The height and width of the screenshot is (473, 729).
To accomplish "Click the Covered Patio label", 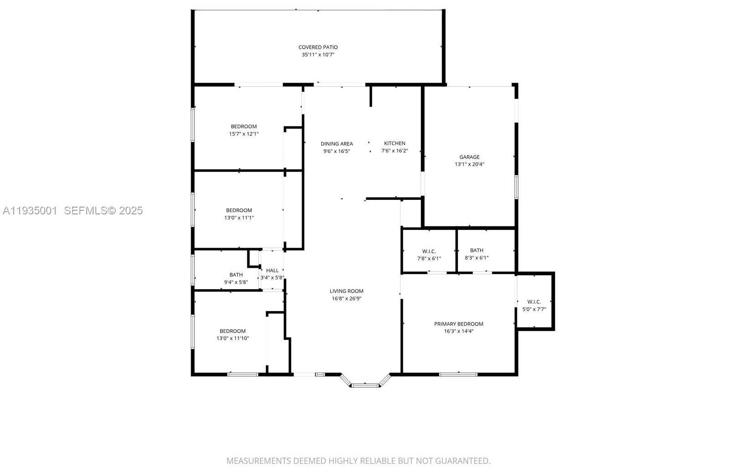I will pyautogui.click(x=318, y=47).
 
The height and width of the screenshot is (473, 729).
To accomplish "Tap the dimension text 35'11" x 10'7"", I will pyautogui.click(x=318, y=55).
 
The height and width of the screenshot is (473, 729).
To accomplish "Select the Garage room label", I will pyautogui.click(x=469, y=157).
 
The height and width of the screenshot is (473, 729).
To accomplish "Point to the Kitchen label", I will pyautogui.click(x=394, y=143).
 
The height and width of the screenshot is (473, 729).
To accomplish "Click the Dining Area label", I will pyautogui.click(x=336, y=144).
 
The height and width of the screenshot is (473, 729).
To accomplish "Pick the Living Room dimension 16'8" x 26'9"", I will pyautogui.click(x=346, y=299).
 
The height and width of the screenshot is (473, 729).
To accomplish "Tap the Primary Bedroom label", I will pyautogui.click(x=458, y=324).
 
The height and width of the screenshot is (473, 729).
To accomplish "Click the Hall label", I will pyautogui.click(x=272, y=270).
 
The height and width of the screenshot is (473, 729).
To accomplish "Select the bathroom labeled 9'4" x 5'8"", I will pyautogui.click(x=236, y=278).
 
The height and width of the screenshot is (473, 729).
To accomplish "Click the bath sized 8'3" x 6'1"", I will pyautogui.click(x=476, y=254).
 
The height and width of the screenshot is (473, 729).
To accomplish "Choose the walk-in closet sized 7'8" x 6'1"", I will pyautogui.click(x=429, y=255).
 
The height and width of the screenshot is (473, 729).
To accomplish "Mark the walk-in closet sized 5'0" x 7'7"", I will pyautogui.click(x=534, y=305).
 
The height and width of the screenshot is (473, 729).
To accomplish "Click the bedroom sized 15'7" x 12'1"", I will pyautogui.click(x=244, y=130).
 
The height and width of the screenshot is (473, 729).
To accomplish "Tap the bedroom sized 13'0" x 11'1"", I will pyautogui.click(x=239, y=214).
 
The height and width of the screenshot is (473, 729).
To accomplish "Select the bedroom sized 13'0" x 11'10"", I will pyautogui.click(x=233, y=335).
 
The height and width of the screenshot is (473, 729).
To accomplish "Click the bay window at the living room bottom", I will pyautogui.click(x=365, y=385).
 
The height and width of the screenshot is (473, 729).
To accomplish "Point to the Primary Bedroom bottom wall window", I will pyautogui.click(x=458, y=374).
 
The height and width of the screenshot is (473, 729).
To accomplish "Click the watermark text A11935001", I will pyautogui.click(x=30, y=210).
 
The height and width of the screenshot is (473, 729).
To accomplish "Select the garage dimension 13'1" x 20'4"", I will pyautogui.click(x=469, y=164).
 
